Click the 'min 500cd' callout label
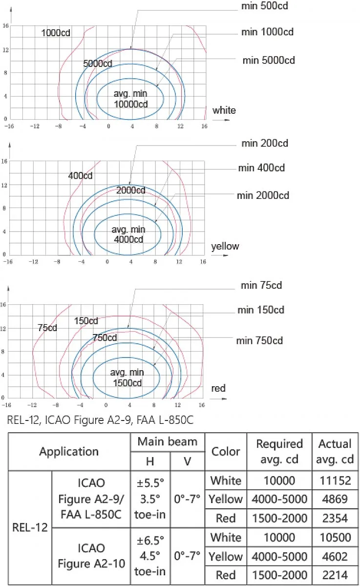click(x=265, y=6)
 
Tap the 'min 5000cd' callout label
click(x=269, y=60)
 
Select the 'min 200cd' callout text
click(x=265, y=144)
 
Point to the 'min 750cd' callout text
click(x=259, y=341)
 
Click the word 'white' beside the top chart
click(x=224, y=110)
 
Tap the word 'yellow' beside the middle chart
click(x=225, y=247)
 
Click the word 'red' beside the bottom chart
click(x=218, y=388)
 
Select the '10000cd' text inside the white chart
click(x=131, y=104)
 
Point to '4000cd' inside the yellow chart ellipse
click(x=128, y=239)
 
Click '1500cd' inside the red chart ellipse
click(x=127, y=383)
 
